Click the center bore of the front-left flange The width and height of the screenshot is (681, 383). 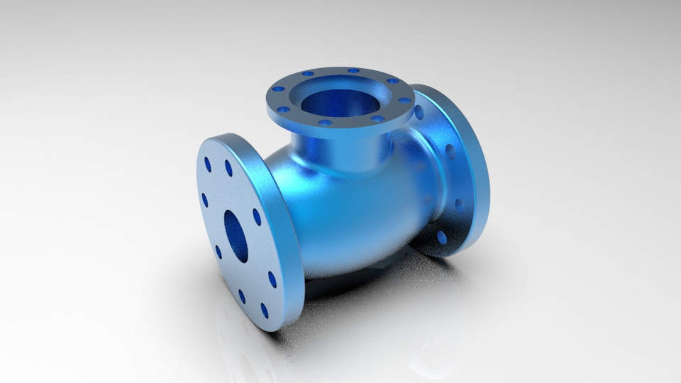point(236,235)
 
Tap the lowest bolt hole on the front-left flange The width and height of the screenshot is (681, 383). point(265,311)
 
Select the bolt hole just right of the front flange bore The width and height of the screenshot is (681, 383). point(257,217)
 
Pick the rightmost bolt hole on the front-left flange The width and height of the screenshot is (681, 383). point(272,279)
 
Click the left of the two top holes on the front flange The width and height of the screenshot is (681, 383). point(208,164)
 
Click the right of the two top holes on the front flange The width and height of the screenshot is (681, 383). point(228,168)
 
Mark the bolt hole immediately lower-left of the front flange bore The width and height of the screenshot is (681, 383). point(218,252)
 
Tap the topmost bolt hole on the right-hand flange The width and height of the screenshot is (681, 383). point(419,111)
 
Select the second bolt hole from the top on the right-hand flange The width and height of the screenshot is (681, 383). point(450,151)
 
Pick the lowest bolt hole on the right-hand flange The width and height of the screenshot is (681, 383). point(442,238)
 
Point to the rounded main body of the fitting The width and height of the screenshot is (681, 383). point(348,213)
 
